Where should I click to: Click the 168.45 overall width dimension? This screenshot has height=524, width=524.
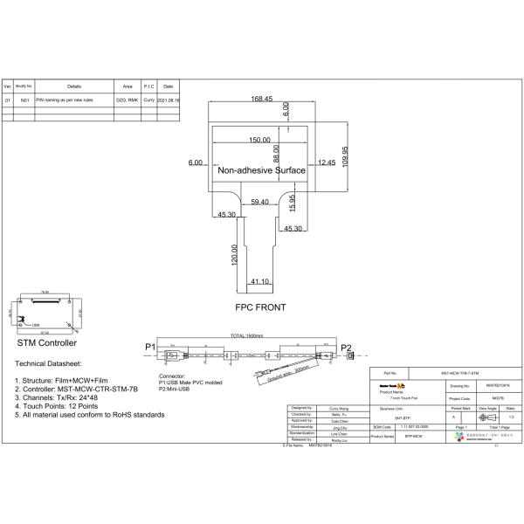pos(262,99)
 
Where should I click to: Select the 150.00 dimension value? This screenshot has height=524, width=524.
pos(259,141)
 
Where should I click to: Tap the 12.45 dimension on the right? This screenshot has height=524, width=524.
pos(326,162)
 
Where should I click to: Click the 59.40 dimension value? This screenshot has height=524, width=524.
pos(259,203)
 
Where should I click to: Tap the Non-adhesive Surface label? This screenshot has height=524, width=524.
pos(261,171)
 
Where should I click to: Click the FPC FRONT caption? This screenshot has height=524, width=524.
pos(260,308)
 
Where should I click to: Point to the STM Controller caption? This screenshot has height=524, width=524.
pos(46,343)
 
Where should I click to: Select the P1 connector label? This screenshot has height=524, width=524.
pos(148,348)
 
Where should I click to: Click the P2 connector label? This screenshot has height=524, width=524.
pos(346,348)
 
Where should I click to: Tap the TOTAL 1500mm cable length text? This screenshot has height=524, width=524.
pos(247,336)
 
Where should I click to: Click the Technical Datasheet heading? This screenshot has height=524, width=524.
pos(48,362)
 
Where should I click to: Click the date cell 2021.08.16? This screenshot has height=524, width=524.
pos(169,101)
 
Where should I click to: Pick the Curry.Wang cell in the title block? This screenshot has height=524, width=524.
pos(338,408)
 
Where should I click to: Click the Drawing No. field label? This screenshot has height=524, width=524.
pos(460,384)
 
